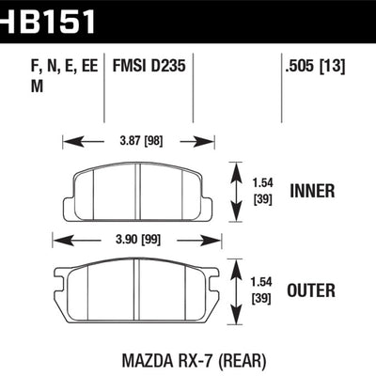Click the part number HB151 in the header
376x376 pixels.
tap(46, 17)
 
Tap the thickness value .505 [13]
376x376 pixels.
tap(311, 67)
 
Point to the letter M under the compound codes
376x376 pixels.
tap(23, 86)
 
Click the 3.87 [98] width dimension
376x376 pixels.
tap(138, 143)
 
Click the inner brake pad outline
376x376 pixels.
tap(137, 195)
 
